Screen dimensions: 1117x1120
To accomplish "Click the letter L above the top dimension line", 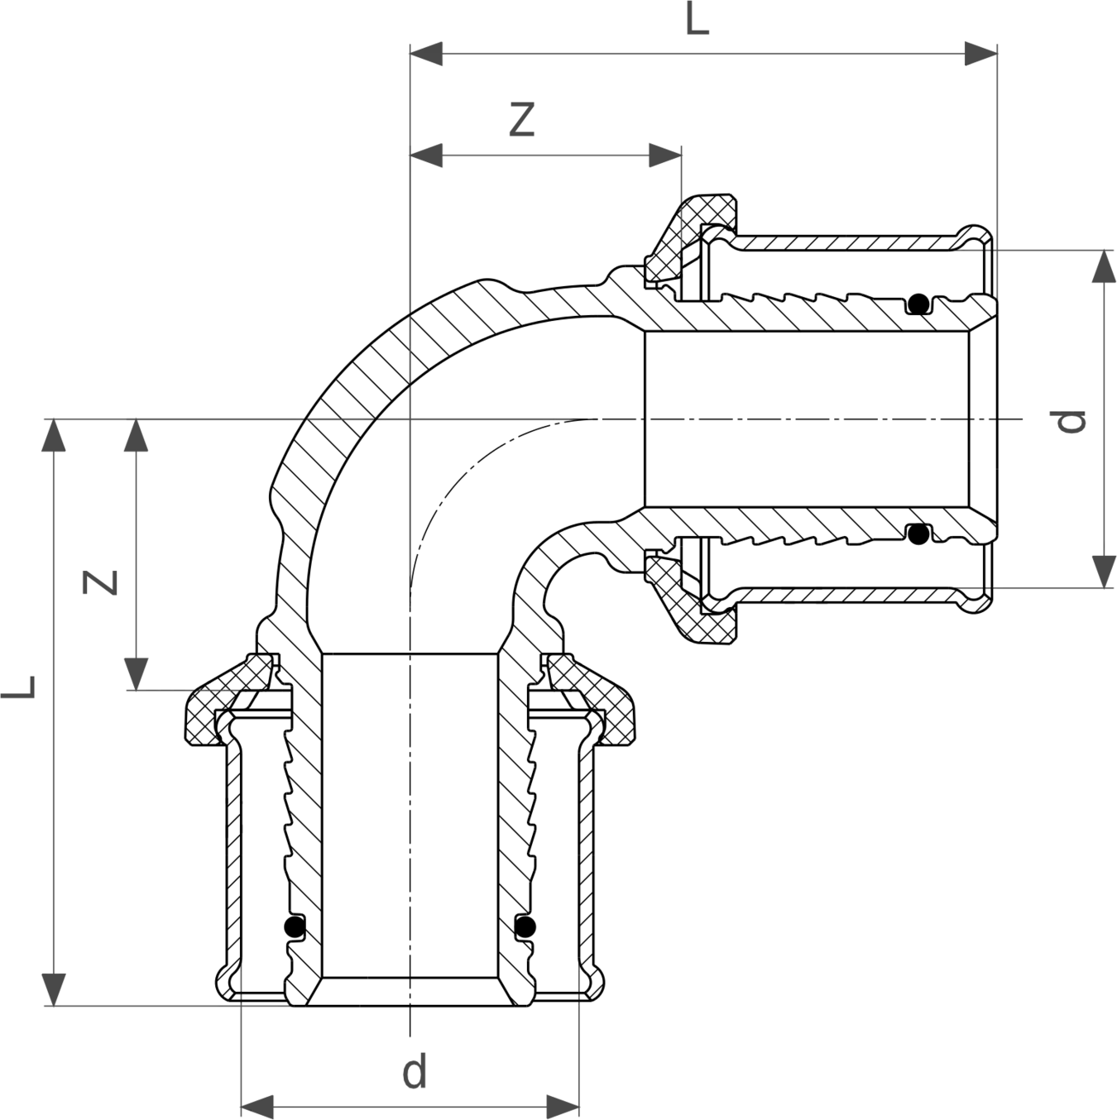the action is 698,19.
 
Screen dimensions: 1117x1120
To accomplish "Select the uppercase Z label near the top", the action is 521,120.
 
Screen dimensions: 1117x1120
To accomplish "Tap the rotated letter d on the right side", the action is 1070,421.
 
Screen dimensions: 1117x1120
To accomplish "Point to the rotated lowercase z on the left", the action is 100,582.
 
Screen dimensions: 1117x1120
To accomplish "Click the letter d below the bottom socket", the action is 415,1071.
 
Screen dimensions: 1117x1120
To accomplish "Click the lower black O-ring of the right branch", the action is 918,534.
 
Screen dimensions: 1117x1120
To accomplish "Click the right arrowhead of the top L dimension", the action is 981,54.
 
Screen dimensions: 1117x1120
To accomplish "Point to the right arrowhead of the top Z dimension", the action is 665,155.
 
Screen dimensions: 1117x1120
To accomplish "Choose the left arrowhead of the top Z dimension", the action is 426,155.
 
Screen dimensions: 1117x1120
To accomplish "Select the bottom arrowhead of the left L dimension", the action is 54,990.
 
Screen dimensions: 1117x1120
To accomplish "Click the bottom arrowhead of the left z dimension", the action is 136,674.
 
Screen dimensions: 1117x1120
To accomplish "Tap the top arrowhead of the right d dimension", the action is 1104,266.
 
